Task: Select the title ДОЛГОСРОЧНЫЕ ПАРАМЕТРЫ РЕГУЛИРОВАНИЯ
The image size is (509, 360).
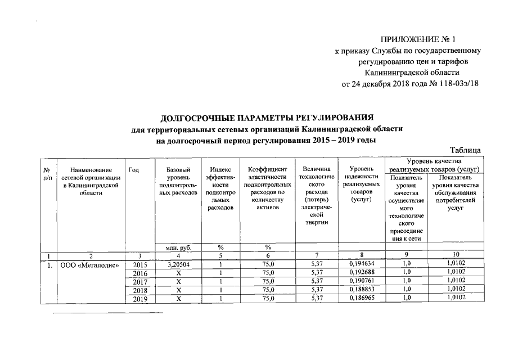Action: pyautogui.click(x=267, y=118)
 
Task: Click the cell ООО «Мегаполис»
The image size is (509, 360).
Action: pyautogui.click(x=89, y=264)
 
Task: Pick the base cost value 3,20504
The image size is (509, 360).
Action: pyautogui.click(x=178, y=264)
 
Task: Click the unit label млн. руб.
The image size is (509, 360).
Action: pyautogui.click(x=178, y=246)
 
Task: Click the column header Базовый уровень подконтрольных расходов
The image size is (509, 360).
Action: pyautogui.click(x=178, y=181)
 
